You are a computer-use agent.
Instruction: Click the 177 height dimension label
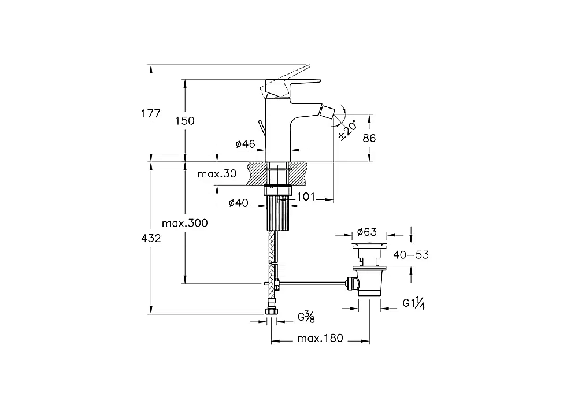click(x=151, y=113)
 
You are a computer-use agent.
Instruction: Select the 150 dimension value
click(x=185, y=121)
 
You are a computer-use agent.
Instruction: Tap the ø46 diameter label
click(x=245, y=144)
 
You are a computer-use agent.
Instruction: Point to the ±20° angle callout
click(x=347, y=130)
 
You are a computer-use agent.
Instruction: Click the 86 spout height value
click(x=369, y=138)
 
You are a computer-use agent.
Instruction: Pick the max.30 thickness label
click(x=217, y=173)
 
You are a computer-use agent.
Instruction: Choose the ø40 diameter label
click(x=239, y=203)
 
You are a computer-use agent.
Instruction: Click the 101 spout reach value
click(x=306, y=197)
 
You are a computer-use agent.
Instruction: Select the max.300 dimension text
click(x=185, y=223)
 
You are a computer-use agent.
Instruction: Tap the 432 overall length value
click(x=151, y=239)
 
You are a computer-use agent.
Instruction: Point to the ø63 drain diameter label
click(x=367, y=232)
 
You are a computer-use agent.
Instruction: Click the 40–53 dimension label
click(x=411, y=255)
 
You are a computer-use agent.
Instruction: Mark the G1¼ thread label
click(x=414, y=304)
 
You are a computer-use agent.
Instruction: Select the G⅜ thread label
click(x=306, y=317)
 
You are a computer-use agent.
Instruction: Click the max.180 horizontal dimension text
click(x=320, y=338)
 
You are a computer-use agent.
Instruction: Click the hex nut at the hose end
click(x=272, y=312)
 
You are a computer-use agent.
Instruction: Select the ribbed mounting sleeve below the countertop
click(x=277, y=213)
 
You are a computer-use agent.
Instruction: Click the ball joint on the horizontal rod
click(x=352, y=283)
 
